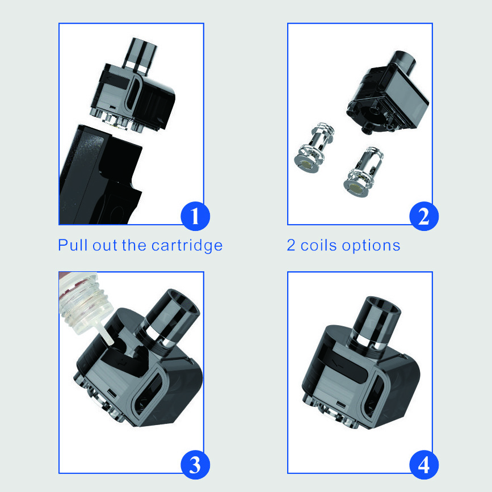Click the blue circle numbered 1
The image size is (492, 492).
pos(195,216)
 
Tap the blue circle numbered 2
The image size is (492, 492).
pos(424,216)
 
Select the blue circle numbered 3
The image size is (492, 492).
pos(195,465)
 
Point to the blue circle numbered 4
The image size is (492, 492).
pos(424,465)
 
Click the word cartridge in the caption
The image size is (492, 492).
pos(187,246)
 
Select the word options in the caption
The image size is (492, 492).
pos(371,246)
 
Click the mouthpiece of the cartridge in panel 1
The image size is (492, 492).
pos(141,57)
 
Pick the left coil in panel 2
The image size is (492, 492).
pos(314,148)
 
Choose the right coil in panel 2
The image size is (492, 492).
pos(364,172)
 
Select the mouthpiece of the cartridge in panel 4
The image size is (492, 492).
pos(373,323)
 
